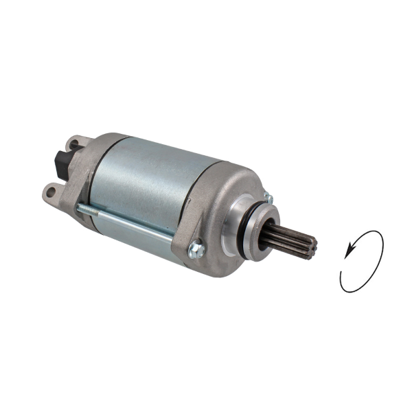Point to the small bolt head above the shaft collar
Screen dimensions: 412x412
pyautogui.click(x=268, y=198)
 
